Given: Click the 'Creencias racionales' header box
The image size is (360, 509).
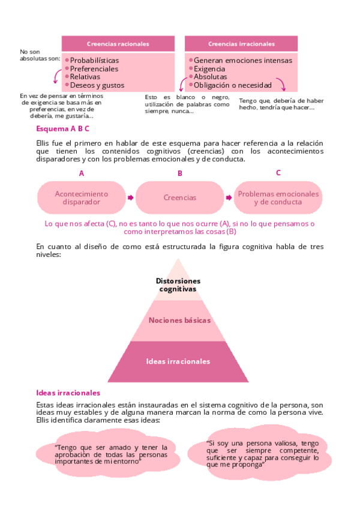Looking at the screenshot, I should [118, 44].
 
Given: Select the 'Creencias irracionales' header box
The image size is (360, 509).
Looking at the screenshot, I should [241, 44].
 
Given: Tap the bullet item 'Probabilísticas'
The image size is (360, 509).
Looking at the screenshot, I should [94, 60].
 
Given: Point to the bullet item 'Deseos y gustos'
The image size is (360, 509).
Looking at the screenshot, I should [97, 85].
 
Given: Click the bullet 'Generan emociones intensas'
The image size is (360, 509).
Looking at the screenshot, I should [243, 60].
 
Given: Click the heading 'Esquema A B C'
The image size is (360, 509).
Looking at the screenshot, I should [62, 128].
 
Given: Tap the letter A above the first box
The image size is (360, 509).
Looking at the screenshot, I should [82, 173].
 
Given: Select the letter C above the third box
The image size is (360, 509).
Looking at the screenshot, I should [278, 173].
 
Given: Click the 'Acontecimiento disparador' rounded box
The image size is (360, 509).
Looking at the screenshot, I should [82, 197].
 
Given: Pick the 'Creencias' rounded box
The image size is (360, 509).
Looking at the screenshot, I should [180, 197].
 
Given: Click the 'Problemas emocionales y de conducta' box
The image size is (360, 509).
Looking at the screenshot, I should [278, 197].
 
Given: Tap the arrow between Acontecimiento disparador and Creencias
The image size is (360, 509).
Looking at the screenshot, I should [130, 197].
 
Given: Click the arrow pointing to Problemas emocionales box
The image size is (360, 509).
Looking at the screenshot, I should [229, 197].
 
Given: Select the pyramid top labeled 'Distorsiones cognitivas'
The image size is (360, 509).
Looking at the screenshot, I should [178, 283].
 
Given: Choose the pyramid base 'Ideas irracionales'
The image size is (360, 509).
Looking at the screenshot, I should [178, 361].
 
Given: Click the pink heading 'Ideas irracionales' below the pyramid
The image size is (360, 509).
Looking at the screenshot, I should [68, 393].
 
